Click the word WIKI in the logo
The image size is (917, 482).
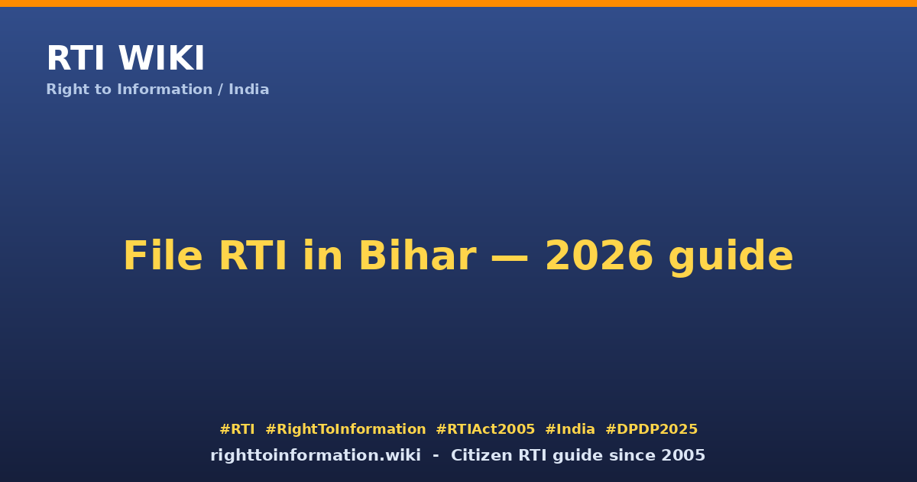pos(161,58)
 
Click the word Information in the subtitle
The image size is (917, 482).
pos(165,90)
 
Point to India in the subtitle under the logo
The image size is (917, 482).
pos(249,90)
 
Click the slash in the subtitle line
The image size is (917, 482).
pos(221,90)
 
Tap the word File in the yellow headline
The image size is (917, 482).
pos(163,256)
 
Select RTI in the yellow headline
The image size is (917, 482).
pos(253,256)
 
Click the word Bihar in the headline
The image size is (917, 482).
pos(417,256)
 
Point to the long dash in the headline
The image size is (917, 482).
pos(510,257)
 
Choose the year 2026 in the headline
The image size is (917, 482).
pos(599,256)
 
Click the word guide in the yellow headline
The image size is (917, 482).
pos(731,257)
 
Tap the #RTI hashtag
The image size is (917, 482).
pos(237,429)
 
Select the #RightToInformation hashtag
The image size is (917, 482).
pos(345,429)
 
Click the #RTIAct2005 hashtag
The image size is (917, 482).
pos(485,429)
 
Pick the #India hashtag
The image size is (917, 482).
pos(570,429)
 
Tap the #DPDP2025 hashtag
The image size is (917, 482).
pos(651,429)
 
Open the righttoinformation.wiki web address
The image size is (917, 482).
pos(316,455)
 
